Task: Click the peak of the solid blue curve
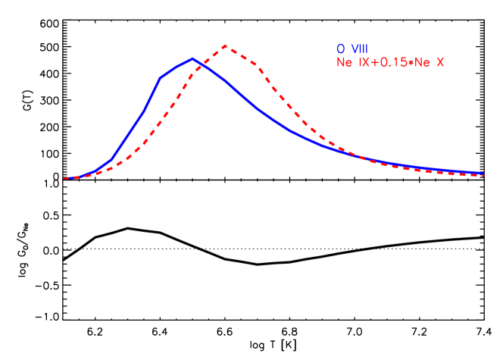193,58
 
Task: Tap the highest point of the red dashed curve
226,45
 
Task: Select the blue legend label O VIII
352,49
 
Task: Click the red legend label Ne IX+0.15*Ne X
390,63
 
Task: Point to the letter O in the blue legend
341,49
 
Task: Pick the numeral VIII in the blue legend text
358,49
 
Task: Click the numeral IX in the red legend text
363,63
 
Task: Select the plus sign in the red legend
373,63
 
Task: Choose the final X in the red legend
439,63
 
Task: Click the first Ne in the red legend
345,63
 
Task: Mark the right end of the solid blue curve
483,173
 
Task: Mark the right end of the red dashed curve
483,176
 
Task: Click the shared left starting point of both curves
64,179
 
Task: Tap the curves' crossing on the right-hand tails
356,155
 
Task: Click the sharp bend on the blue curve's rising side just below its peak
161,77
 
